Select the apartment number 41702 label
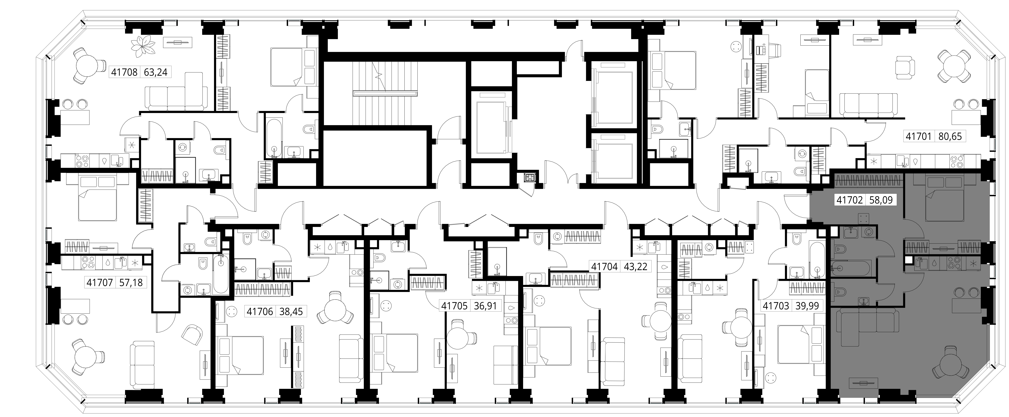point(850,200)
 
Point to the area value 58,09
point(881,200)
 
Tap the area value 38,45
point(291,312)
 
